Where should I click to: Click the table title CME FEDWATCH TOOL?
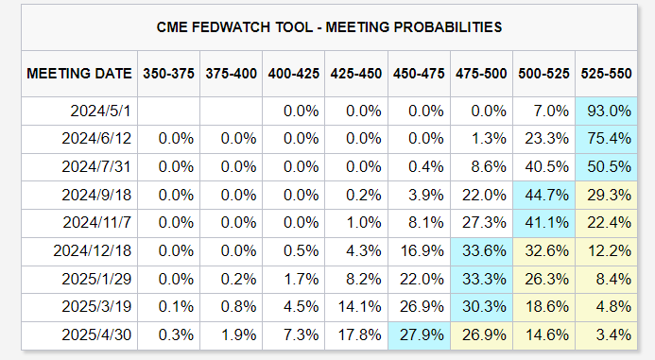click(234, 27)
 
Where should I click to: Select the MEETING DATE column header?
click(79, 74)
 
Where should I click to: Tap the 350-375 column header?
click(169, 74)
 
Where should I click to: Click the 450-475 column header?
click(419, 74)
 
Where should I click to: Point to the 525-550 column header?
click(606, 74)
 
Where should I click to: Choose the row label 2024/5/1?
click(101, 111)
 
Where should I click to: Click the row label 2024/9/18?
click(96, 195)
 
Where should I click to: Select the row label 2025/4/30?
click(96, 334)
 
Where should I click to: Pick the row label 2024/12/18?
click(93, 251)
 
